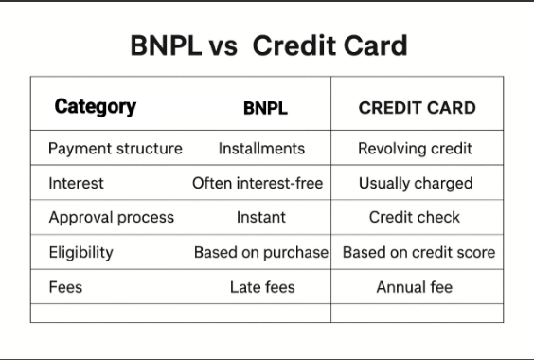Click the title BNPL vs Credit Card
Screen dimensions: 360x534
(x=268, y=45)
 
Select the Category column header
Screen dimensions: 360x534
(x=95, y=107)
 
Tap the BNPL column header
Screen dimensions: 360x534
(x=265, y=108)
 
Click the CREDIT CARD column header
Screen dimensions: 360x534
(x=417, y=108)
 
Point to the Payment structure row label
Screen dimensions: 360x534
(x=116, y=149)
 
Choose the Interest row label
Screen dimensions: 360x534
(x=76, y=183)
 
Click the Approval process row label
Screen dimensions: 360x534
(x=112, y=217)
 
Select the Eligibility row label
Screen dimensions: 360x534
(x=80, y=252)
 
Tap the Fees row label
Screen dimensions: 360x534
(x=65, y=286)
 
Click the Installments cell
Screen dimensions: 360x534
(x=261, y=149)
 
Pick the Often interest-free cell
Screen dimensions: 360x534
(x=258, y=183)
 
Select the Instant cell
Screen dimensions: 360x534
(x=261, y=217)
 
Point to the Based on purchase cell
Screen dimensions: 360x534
(x=261, y=252)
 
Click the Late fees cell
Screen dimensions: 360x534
(x=262, y=286)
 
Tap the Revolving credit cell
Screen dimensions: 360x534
(x=415, y=149)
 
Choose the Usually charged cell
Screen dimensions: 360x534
(x=416, y=183)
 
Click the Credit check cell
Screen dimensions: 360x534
(x=415, y=217)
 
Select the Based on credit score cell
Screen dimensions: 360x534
(x=418, y=252)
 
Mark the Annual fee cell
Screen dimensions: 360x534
(x=415, y=286)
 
